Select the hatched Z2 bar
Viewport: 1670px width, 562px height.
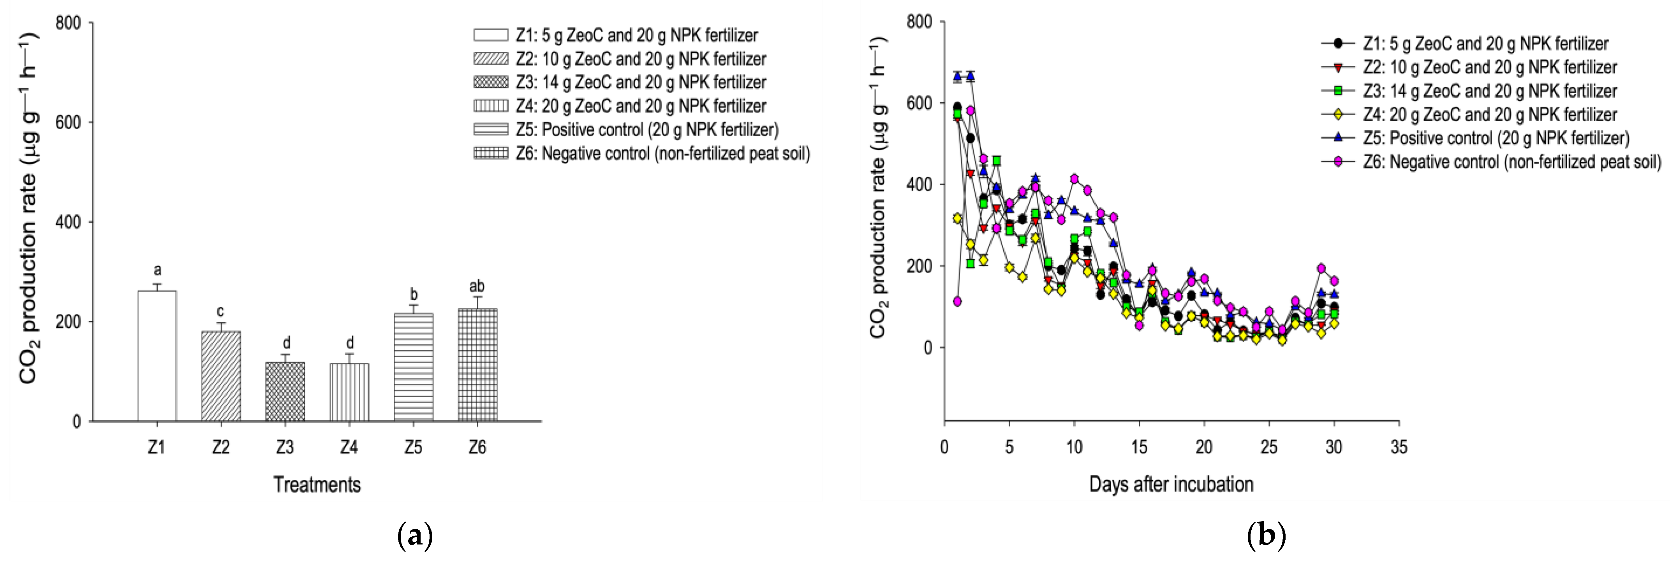(x=221, y=376)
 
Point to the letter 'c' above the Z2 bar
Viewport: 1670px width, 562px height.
(x=220, y=312)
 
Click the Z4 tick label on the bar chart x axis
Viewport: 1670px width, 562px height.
(x=349, y=447)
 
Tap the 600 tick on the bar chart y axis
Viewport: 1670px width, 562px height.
(x=68, y=123)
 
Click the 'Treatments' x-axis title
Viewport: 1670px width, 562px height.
(x=317, y=484)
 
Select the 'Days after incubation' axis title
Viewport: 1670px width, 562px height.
(x=1171, y=484)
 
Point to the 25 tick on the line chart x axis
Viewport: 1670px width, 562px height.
(x=1269, y=447)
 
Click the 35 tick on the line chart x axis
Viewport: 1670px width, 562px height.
(x=1399, y=447)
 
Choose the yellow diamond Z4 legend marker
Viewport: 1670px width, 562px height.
(x=1338, y=115)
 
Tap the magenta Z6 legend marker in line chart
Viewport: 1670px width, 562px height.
(x=1338, y=162)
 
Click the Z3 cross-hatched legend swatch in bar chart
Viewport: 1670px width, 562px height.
(x=491, y=83)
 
